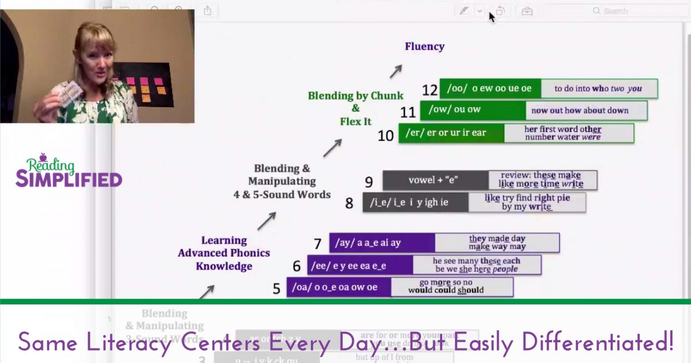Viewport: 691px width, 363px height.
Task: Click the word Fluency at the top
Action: (424, 47)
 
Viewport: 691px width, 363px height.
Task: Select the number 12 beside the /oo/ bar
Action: (430, 90)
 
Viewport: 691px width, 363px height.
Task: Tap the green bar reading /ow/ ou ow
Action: (472, 110)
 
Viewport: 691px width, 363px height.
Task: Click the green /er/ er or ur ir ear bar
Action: (451, 133)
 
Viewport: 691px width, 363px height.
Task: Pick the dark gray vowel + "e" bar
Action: (435, 180)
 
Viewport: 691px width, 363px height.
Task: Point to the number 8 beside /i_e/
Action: (349, 203)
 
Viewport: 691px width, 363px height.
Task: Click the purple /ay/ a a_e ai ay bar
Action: (382, 243)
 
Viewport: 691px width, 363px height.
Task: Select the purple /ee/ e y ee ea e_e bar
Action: (360, 266)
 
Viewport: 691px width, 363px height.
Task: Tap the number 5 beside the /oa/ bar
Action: (277, 288)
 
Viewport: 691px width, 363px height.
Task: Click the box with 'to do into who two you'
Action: (599, 89)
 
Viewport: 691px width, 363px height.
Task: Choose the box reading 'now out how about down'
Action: (586, 110)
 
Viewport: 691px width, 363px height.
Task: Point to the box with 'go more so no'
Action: (452, 286)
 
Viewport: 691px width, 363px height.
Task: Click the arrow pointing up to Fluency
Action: (395, 71)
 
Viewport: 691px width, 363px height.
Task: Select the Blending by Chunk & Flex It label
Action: (355, 108)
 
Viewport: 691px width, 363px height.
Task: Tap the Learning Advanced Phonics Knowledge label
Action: (224, 254)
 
